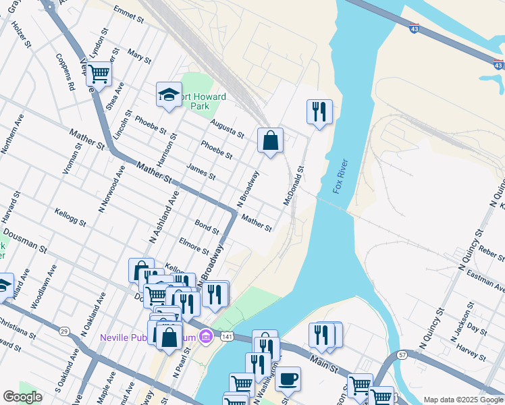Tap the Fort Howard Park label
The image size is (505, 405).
208,101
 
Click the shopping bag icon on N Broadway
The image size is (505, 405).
270,140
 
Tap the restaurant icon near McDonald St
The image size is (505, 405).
319,111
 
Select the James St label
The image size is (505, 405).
201,172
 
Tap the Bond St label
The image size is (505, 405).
207,226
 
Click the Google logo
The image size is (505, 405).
22,397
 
